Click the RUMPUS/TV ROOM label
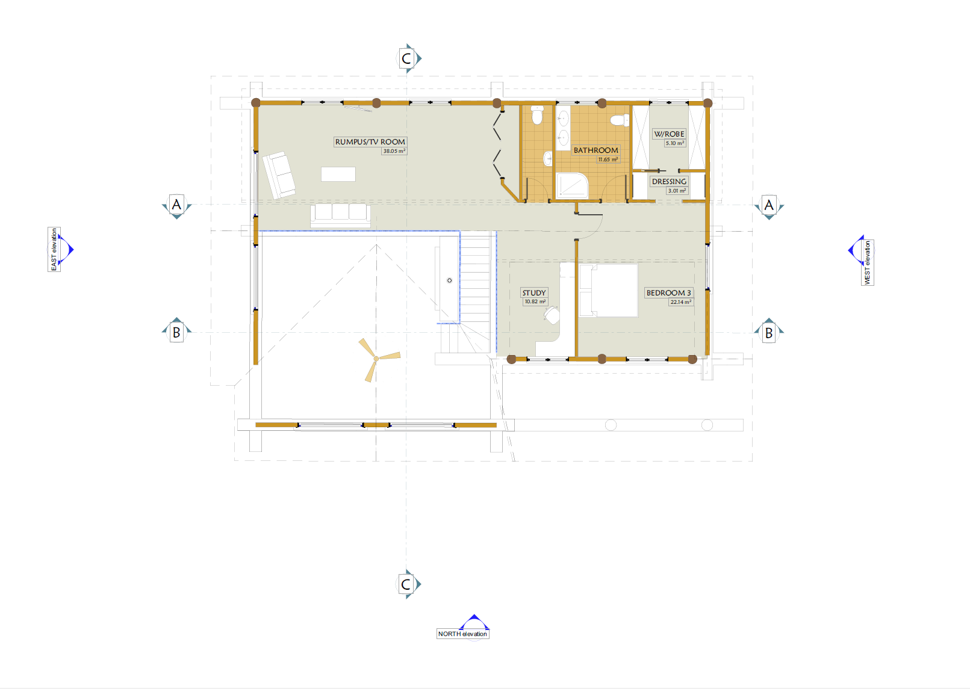tap(370, 142)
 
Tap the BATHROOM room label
tap(596, 150)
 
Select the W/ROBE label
tap(669, 134)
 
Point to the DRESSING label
tap(669, 181)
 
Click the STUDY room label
tap(534, 292)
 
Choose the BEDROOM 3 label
tap(668, 292)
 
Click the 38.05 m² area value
tap(394, 151)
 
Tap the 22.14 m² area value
tap(681, 302)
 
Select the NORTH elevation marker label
tap(462, 634)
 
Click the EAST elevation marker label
tap(54, 249)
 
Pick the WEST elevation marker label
tap(868, 263)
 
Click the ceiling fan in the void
tap(376, 359)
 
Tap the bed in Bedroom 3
tap(608, 290)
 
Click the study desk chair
tap(552, 315)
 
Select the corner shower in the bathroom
tap(572, 186)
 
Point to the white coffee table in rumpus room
tap(338, 174)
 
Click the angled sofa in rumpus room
tap(279, 175)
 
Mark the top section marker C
tap(406, 58)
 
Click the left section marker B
tap(176, 332)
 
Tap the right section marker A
tap(769, 205)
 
